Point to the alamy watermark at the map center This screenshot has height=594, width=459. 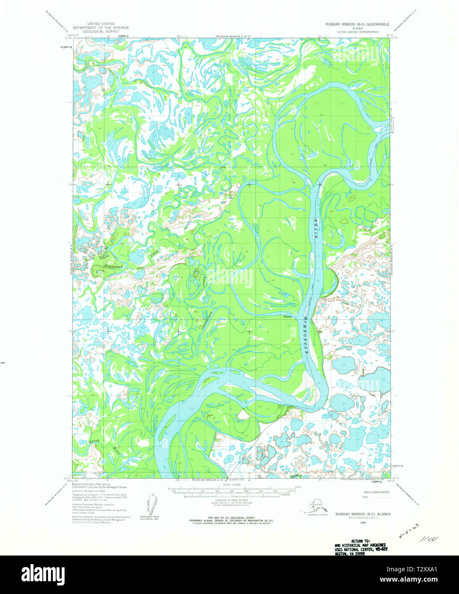click(229, 278)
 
